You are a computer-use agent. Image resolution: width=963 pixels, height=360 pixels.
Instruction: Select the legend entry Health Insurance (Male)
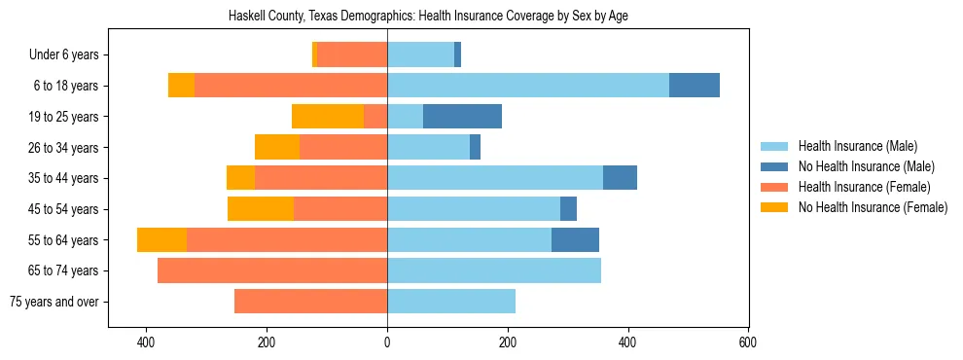(x=857, y=146)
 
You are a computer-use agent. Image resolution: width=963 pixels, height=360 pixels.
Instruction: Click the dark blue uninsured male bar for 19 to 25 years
(x=462, y=117)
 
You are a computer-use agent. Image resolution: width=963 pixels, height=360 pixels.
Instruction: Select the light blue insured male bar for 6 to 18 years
(x=528, y=86)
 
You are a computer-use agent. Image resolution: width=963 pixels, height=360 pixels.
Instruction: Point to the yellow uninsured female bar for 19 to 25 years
(x=328, y=117)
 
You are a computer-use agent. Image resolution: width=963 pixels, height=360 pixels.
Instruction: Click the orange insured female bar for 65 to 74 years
(x=272, y=270)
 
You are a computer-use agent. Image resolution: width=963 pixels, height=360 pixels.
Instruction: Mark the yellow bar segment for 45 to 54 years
(x=261, y=209)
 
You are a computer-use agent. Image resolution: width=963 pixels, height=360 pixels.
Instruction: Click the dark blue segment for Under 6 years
(x=457, y=55)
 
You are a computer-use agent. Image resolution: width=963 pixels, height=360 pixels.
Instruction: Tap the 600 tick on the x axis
(x=747, y=342)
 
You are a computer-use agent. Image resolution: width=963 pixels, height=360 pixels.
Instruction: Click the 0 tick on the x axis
(x=387, y=342)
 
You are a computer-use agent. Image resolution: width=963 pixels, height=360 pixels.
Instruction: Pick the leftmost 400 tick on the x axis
(x=147, y=342)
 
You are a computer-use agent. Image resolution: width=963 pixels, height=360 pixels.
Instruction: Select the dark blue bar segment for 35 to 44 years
(x=620, y=178)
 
